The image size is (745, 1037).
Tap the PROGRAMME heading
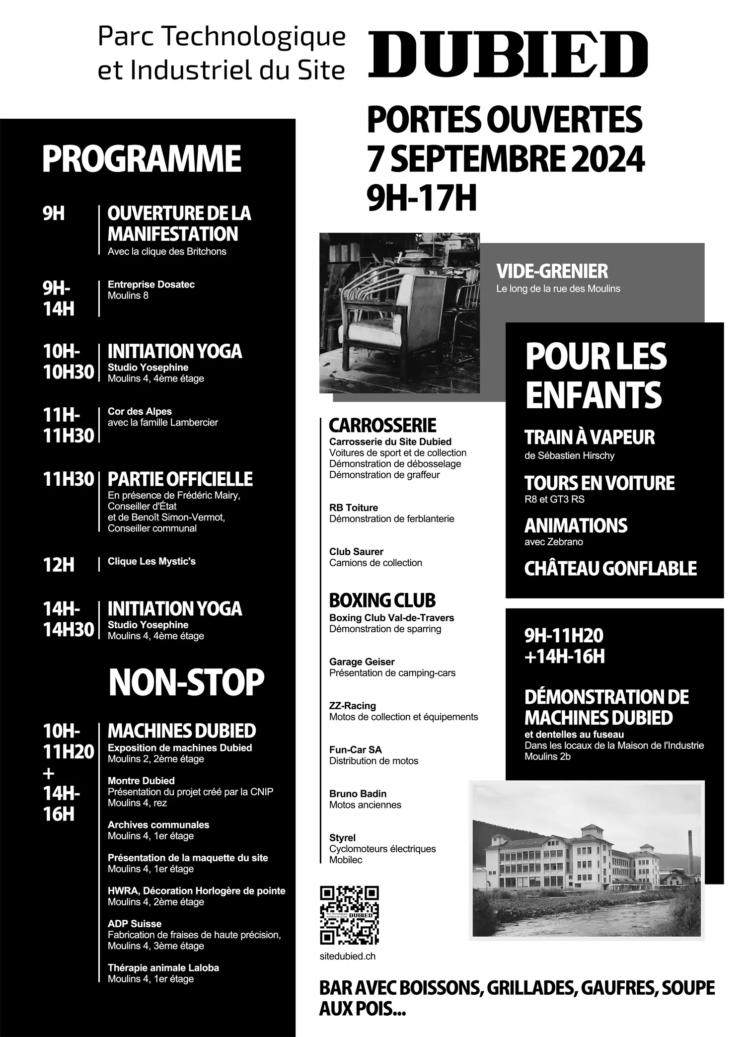pyautogui.click(x=142, y=159)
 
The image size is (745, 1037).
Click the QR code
pyautogui.click(x=349, y=915)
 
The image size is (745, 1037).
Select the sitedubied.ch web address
pyautogui.click(x=348, y=956)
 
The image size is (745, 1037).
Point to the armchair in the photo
pyautogui.click(x=387, y=313)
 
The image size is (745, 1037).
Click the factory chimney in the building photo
pyautogui.click(x=690, y=844)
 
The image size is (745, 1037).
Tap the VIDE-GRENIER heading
pyautogui.click(x=552, y=271)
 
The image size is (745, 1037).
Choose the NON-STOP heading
pyautogui.click(x=186, y=682)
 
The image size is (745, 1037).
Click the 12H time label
pyautogui.click(x=59, y=565)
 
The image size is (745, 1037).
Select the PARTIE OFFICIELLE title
pyautogui.click(x=180, y=479)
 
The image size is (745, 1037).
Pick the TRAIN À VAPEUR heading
pyautogui.click(x=590, y=438)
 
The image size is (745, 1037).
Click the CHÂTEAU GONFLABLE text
pyautogui.click(x=610, y=569)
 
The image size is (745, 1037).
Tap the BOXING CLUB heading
pyautogui.click(x=382, y=600)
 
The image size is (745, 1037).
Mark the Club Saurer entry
pyautogui.click(x=356, y=552)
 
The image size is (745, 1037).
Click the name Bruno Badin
pyautogui.click(x=358, y=794)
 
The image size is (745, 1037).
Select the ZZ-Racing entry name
pyautogui.click(x=352, y=706)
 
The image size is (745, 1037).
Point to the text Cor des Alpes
pyautogui.click(x=140, y=411)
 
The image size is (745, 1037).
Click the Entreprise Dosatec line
pyautogui.click(x=151, y=285)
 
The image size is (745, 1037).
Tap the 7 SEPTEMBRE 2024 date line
pyautogui.click(x=505, y=159)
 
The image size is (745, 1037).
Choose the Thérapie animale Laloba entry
pyautogui.click(x=163, y=967)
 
